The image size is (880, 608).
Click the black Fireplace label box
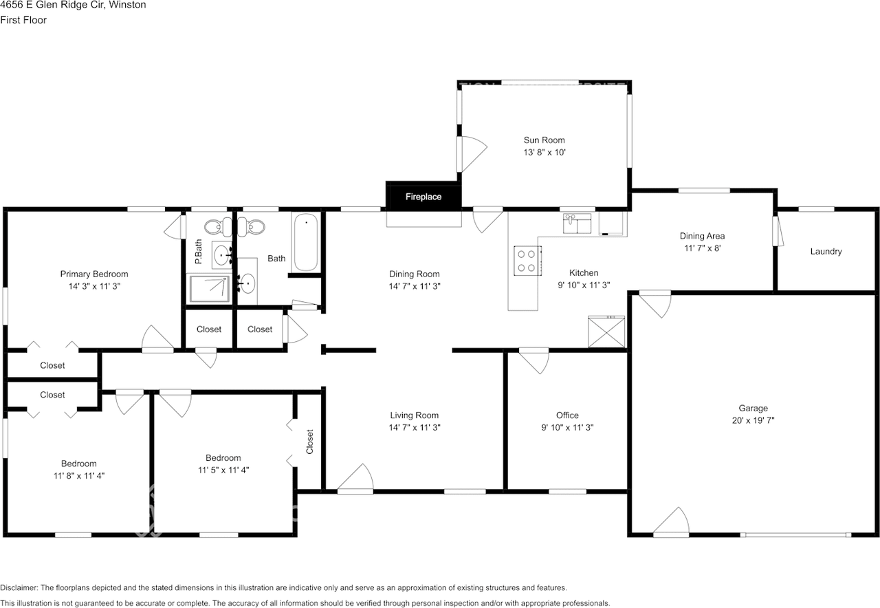pos(423,197)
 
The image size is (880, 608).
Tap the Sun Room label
pos(544,140)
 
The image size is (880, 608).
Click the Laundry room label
pos(826,252)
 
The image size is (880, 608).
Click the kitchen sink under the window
pos(577,224)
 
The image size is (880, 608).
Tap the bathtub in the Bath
pos(306,242)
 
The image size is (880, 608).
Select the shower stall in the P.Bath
pos(209,289)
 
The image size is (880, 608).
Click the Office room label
pos(567,415)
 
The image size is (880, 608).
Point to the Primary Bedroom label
pos(93,274)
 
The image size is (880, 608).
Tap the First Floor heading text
pos(23,20)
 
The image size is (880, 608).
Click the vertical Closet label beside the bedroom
pos(309,442)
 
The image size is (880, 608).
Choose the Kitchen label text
pos(584,273)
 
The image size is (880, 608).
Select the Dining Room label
pos(414,274)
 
